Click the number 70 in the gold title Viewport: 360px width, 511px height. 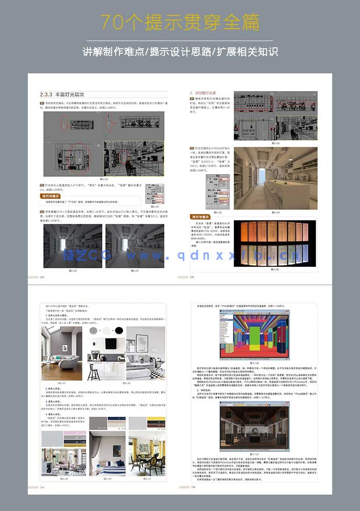tap(112, 22)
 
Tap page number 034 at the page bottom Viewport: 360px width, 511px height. tap(42, 277)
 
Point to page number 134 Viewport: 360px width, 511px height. tap(42, 487)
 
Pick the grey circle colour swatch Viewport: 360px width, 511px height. tap(93, 330)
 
